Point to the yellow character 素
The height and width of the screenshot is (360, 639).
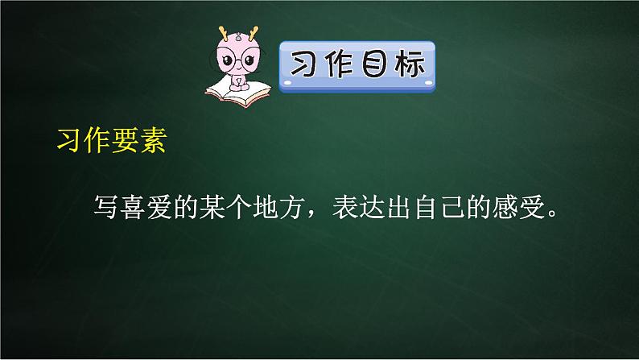click(x=150, y=139)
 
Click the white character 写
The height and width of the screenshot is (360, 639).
click(x=108, y=208)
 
